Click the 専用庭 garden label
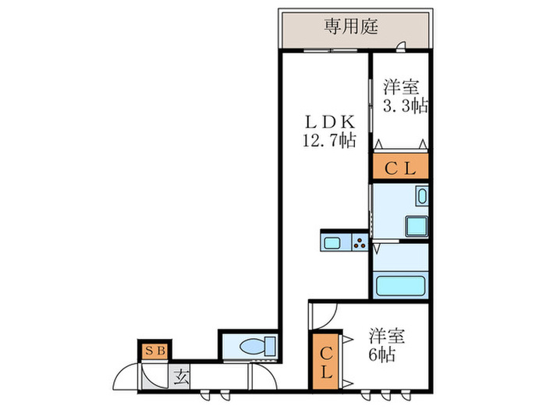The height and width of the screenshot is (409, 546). pyautogui.click(x=351, y=27)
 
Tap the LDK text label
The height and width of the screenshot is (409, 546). pyautogui.click(x=329, y=122)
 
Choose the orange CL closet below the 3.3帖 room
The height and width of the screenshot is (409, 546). pyautogui.click(x=399, y=167)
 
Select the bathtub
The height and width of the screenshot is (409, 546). pyautogui.click(x=401, y=284)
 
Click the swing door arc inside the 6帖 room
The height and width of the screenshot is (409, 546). pyautogui.click(x=323, y=315)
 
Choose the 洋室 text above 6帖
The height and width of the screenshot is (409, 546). pyautogui.click(x=387, y=337)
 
